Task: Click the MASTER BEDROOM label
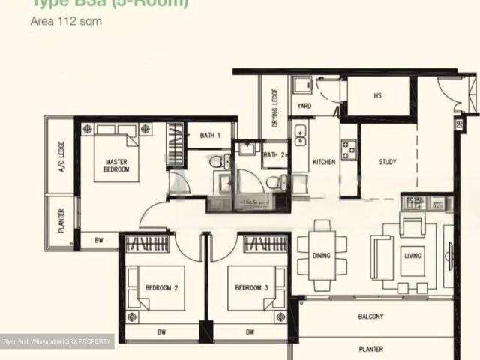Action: pyautogui.click(x=116, y=166)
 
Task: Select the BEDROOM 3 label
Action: pyautogui.click(x=252, y=287)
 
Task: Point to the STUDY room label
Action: pyautogui.click(x=387, y=162)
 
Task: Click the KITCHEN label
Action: pyautogui.click(x=324, y=162)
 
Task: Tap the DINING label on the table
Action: pyautogui.click(x=321, y=256)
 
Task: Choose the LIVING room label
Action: pyautogui.click(x=412, y=256)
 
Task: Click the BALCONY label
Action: pyautogui.click(x=371, y=317)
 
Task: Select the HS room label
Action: pyautogui.click(x=377, y=95)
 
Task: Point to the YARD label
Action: pyautogui.click(x=304, y=106)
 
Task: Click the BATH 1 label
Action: pyautogui.click(x=210, y=136)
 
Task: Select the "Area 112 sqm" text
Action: pyautogui.click(x=65, y=21)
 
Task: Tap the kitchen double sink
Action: pyautogui.click(x=300, y=135)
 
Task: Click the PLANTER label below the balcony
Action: pyautogui.click(x=370, y=349)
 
